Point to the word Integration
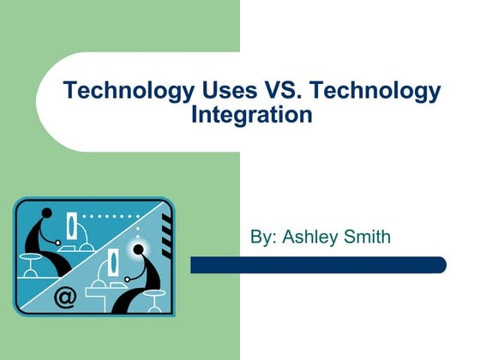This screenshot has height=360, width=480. pos(253,114)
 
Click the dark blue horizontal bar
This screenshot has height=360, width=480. pos(318,265)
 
